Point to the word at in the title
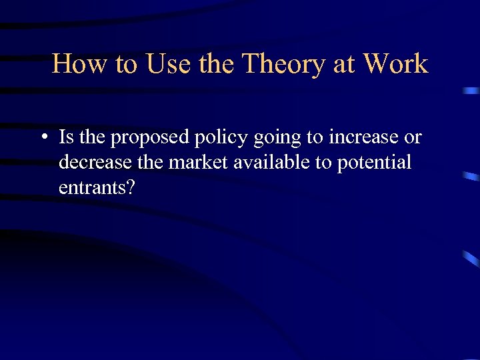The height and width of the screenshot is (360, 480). tap(345, 64)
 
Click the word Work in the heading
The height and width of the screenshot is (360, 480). tap(395, 64)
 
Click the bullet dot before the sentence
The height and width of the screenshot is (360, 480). tap(43, 138)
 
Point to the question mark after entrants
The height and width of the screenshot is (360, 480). tap(131, 187)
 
